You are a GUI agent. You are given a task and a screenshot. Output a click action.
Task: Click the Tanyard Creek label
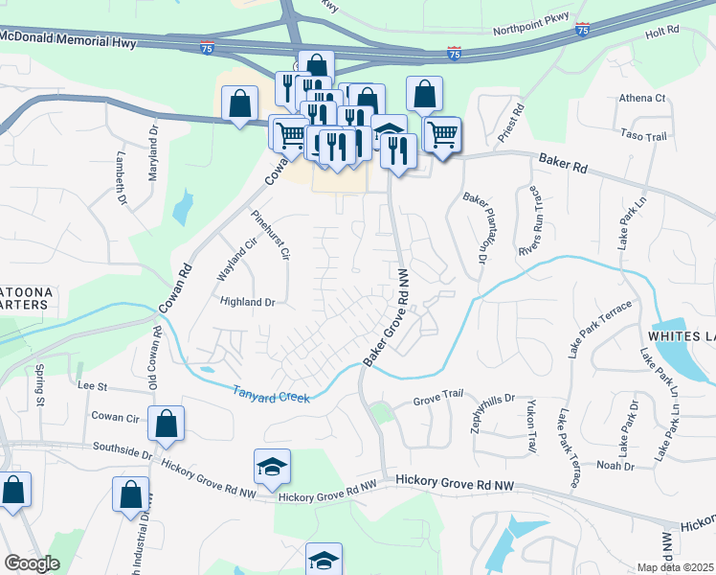(x=272, y=392)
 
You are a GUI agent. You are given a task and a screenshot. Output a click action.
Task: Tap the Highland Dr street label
(x=248, y=302)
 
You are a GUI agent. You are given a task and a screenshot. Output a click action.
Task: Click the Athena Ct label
(x=642, y=98)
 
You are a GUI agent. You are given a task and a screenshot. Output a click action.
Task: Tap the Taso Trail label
(x=643, y=137)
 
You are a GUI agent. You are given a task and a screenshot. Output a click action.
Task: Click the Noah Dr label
(x=615, y=466)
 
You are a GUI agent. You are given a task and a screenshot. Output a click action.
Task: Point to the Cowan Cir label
(x=115, y=418)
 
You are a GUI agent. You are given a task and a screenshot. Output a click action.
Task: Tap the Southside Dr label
(x=123, y=448)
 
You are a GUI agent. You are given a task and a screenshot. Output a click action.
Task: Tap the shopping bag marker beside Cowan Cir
(x=166, y=425)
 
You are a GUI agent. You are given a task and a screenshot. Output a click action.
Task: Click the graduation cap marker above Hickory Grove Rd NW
(x=273, y=467)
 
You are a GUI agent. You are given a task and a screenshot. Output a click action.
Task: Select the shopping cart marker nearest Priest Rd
(x=441, y=134)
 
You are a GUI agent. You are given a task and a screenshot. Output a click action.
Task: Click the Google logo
(x=33, y=563)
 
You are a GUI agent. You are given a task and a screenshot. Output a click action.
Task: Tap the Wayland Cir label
(x=226, y=261)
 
